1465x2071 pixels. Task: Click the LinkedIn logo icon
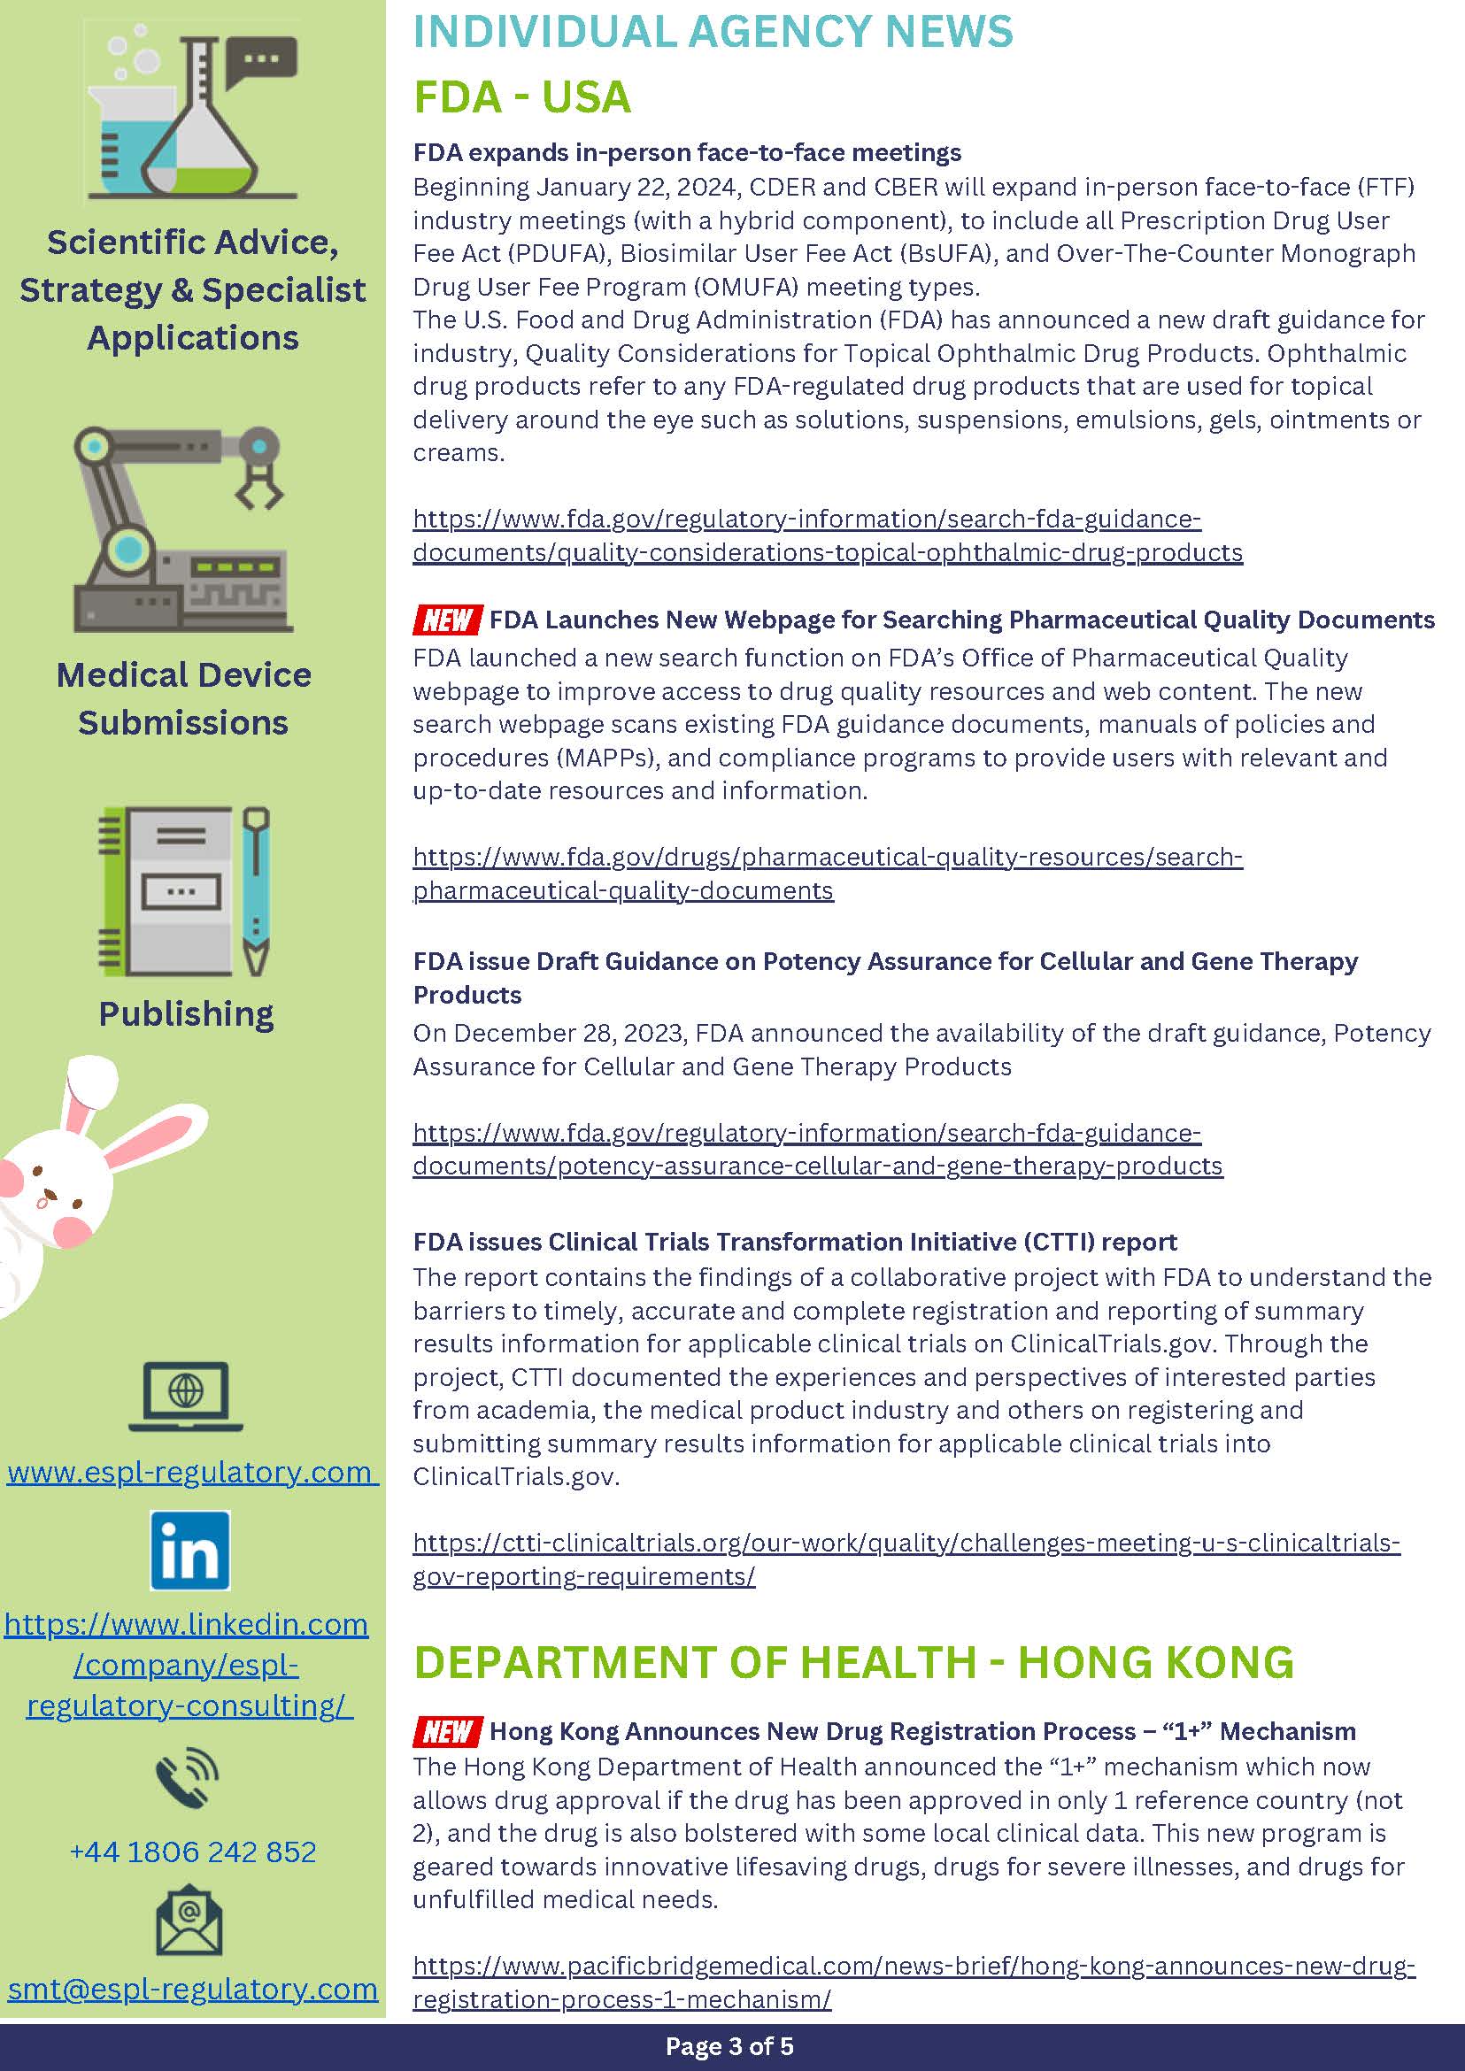pyautogui.click(x=189, y=1550)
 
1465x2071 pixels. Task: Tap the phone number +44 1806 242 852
pyautogui.click(x=193, y=1851)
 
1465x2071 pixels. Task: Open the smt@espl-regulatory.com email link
pyautogui.click(x=193, y=1988)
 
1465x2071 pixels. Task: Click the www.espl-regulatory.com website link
pyautogui.click(x=191, y=1471)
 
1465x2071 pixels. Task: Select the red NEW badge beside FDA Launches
pyautogui.click(x=446, y=620)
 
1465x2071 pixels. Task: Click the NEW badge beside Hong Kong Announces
pyautogui.click(x=446, y=1731)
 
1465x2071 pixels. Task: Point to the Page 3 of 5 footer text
pyautogui.click(x=729, y=2045)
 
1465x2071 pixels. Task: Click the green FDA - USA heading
pyautogui.click(x=521, y=97)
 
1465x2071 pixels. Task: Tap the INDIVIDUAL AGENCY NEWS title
pyautogui.click(x=713, y=32)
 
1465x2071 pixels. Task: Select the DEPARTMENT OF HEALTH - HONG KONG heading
pyautogui.click(x=853, y=1662)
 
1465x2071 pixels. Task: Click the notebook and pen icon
pyautogui.click(x=184, y=891)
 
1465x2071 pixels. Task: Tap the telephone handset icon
pyautogui.click(x=187, y=1778)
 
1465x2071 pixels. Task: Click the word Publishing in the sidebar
pyautogui.click(x=186, y=1014)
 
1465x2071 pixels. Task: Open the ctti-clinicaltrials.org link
pyautogui.click(x=906, y=1544)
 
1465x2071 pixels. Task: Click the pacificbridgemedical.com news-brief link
pyautogui.click(x=913, y=1967)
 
